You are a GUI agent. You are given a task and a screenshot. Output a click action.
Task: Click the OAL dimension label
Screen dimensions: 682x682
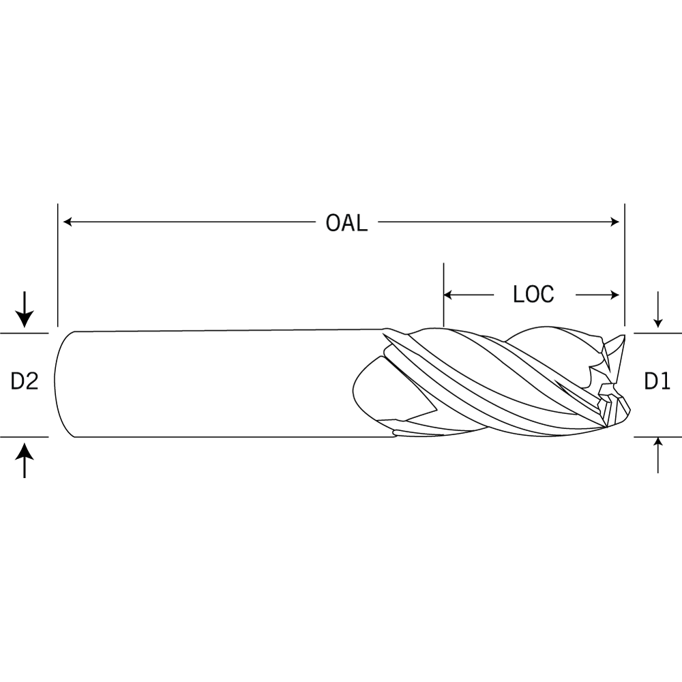coord(346,223)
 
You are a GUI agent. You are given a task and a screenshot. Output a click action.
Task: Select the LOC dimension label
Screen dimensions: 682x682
coord(534,295)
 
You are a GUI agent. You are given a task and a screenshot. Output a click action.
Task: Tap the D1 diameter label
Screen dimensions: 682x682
coord(657,381)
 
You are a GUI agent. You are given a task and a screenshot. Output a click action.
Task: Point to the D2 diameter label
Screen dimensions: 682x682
coord(25,381)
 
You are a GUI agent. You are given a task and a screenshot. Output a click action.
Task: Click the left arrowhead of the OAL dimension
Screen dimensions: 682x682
coord(68,222)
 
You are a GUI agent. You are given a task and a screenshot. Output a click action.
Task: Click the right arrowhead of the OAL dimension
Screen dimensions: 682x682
coord(615,222)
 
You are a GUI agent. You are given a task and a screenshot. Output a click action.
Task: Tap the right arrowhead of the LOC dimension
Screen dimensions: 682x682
coord(615,295)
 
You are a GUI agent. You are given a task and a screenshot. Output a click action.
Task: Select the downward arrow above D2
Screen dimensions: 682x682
coord(25,309)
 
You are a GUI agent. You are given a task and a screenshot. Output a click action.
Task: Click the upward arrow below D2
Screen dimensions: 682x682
coord(25,460)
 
